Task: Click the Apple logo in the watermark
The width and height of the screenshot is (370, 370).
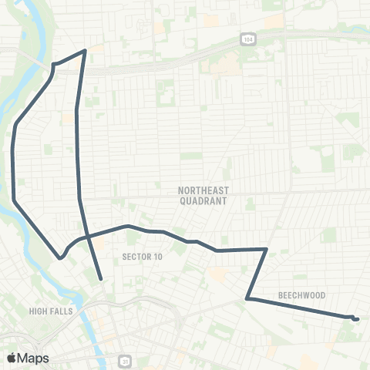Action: tap(11, 358)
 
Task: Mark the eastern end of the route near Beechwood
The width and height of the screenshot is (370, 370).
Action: tap(356, 318)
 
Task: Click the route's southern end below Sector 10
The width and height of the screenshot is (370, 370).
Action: tap(101, 278)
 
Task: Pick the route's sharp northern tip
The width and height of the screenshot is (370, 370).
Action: tap(84, 51)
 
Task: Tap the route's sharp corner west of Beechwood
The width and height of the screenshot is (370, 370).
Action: tap(247, 298)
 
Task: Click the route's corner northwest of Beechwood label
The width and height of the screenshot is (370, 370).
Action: tap(266, 249)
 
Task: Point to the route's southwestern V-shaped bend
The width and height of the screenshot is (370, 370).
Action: tap(60, 258)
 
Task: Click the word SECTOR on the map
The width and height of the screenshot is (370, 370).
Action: tap(135, 257)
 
